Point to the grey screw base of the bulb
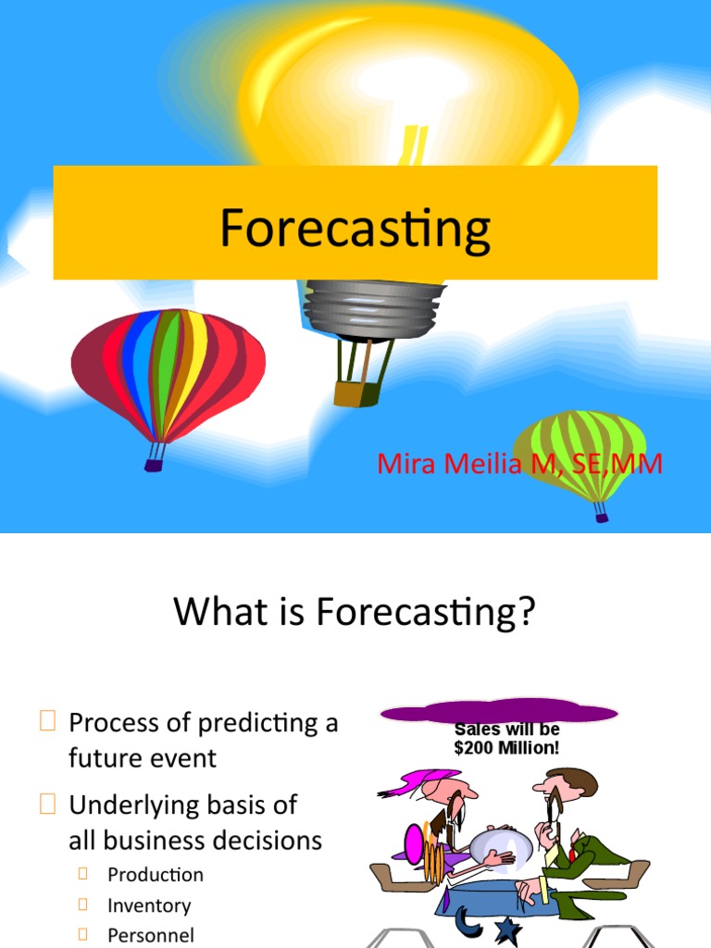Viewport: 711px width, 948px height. point(371,307)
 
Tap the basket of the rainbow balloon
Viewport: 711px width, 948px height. point(154,465)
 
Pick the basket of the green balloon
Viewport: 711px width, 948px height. point(602,518)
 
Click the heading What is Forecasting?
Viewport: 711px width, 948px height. point(355,613)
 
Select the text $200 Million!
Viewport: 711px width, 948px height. point(506,748)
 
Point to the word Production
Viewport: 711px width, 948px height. point(156,875)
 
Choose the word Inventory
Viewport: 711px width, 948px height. point(149,905)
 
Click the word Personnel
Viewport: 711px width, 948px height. point(151,936)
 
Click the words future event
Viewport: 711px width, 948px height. point(143,758)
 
